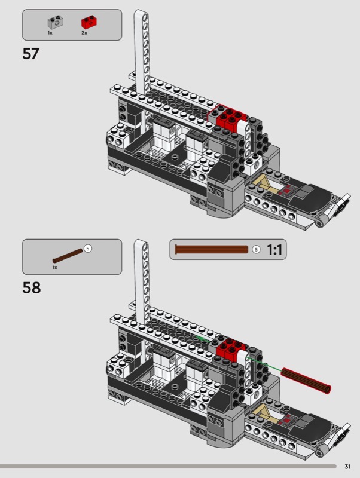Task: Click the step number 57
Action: point(31,54)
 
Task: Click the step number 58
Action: point(32,287)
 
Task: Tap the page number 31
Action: point(347,467)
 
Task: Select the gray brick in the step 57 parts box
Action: point(56,22)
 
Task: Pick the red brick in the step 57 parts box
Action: point(89,22)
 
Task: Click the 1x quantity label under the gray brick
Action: point(50,33)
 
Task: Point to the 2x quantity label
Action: point(84,33)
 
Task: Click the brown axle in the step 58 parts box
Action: point(68,256)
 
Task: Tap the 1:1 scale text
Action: point(274,250)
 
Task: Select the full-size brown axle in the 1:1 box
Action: point(212,250)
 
